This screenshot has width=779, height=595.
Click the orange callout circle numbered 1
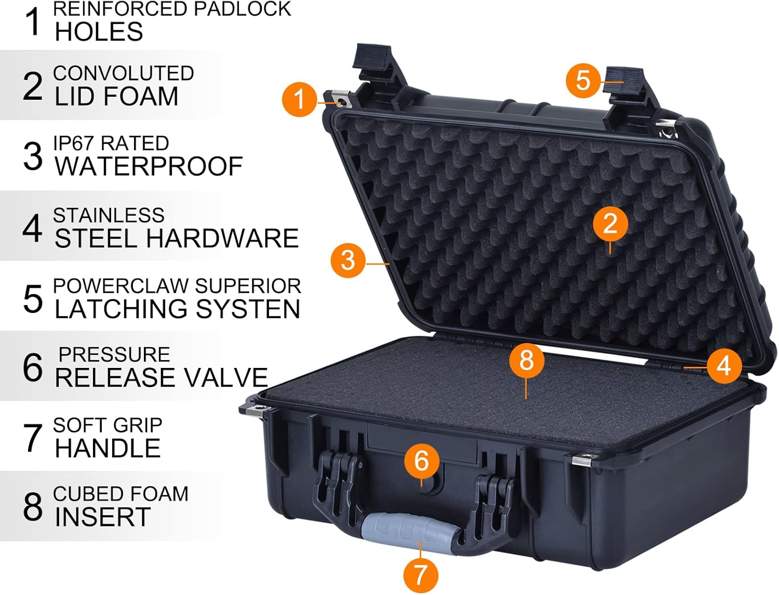pos(299,99)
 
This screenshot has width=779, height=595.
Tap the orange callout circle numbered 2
pos(610,223)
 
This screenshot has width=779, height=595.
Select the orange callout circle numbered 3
pos(348,259)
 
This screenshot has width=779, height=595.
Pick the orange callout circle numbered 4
pos(723,366)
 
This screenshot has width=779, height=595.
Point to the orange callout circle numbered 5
pos(583,81)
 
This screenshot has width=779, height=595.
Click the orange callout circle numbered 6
pos(421,460)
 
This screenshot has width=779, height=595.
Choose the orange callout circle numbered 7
pos(420,575)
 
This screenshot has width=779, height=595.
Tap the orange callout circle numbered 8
pos(526,360)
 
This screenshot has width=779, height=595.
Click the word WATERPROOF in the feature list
pos(149,166)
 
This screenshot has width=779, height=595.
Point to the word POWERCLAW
pos(120,286)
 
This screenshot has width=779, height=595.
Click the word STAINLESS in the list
pos(109,215)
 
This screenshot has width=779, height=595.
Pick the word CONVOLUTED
pos(124,73)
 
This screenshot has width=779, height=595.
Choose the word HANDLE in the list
pos(108,448)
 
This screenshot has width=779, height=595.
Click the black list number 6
pos(33,367)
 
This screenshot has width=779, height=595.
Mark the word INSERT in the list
pos(103,517)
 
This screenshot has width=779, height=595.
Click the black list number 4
pos(33,228)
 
